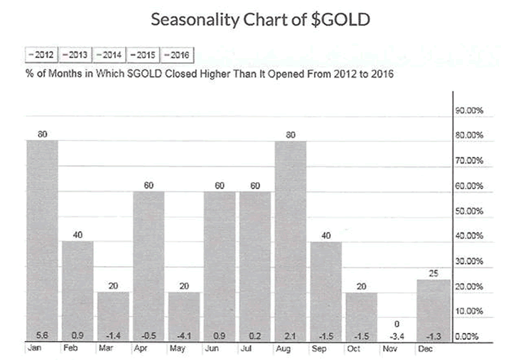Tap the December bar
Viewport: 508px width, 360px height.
[x=434, y=308]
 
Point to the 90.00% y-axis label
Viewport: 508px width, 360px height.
[x=470, y=110]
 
